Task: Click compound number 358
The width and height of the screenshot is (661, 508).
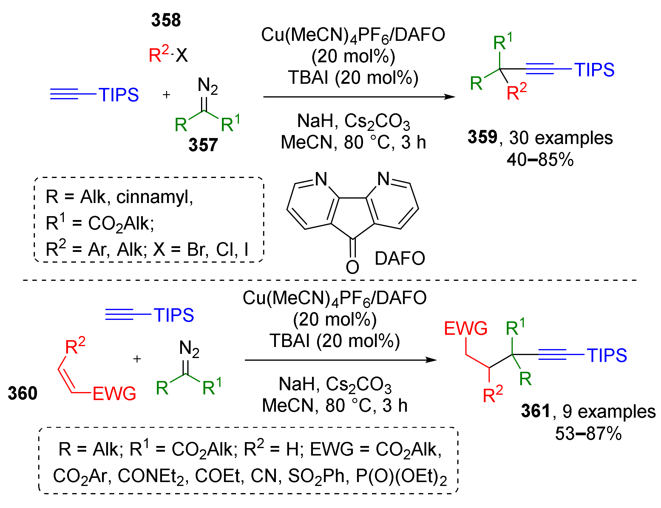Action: click(166, 20)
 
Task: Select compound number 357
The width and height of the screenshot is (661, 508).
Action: click(203, 145)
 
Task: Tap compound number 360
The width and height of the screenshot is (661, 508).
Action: click(22, 393)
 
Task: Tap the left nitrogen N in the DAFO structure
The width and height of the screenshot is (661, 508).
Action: click(321, 179)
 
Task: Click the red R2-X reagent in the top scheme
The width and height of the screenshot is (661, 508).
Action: click(168, 55)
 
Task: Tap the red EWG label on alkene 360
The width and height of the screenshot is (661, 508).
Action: click(114, 394)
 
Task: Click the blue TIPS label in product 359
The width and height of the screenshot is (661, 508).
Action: click(594, 69)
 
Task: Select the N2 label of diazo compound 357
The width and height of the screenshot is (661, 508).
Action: click(208, 86)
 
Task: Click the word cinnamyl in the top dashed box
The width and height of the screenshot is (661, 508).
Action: click(154, 197)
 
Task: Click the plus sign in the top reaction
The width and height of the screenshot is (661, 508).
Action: click(166, 95)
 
